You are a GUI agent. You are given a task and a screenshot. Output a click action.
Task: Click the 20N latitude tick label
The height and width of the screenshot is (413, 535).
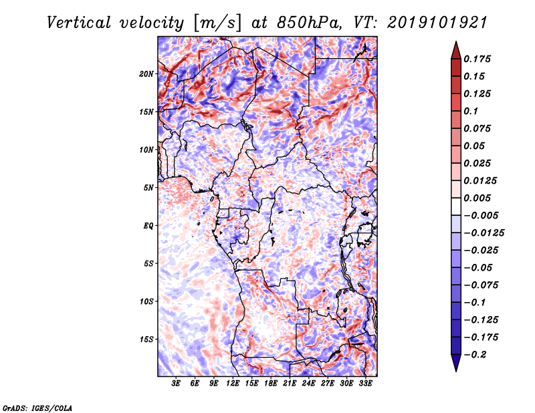coord(146,74)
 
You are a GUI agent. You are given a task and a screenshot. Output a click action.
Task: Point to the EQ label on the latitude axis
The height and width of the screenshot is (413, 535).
coord(148,226)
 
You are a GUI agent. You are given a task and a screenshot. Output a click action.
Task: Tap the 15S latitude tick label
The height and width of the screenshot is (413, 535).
coord(146,339)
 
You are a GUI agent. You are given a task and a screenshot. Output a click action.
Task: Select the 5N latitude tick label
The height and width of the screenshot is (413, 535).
coord(148,188)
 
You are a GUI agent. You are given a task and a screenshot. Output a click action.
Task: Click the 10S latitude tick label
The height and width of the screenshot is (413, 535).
coord(146,301)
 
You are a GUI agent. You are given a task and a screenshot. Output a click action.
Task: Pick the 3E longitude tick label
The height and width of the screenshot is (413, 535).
coord(177,384)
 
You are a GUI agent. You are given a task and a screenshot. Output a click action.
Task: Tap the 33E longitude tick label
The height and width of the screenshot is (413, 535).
coord(366,384)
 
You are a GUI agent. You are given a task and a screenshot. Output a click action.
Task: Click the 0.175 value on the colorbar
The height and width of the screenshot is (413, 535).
coord(479,59)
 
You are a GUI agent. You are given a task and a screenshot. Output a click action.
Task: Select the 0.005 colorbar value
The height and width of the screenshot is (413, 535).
coord(479,198)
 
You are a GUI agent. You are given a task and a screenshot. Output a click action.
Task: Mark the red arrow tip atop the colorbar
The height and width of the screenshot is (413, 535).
coord(455,44)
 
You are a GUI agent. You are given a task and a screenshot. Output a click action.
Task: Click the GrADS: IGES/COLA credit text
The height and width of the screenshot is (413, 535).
coord(37,407)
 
